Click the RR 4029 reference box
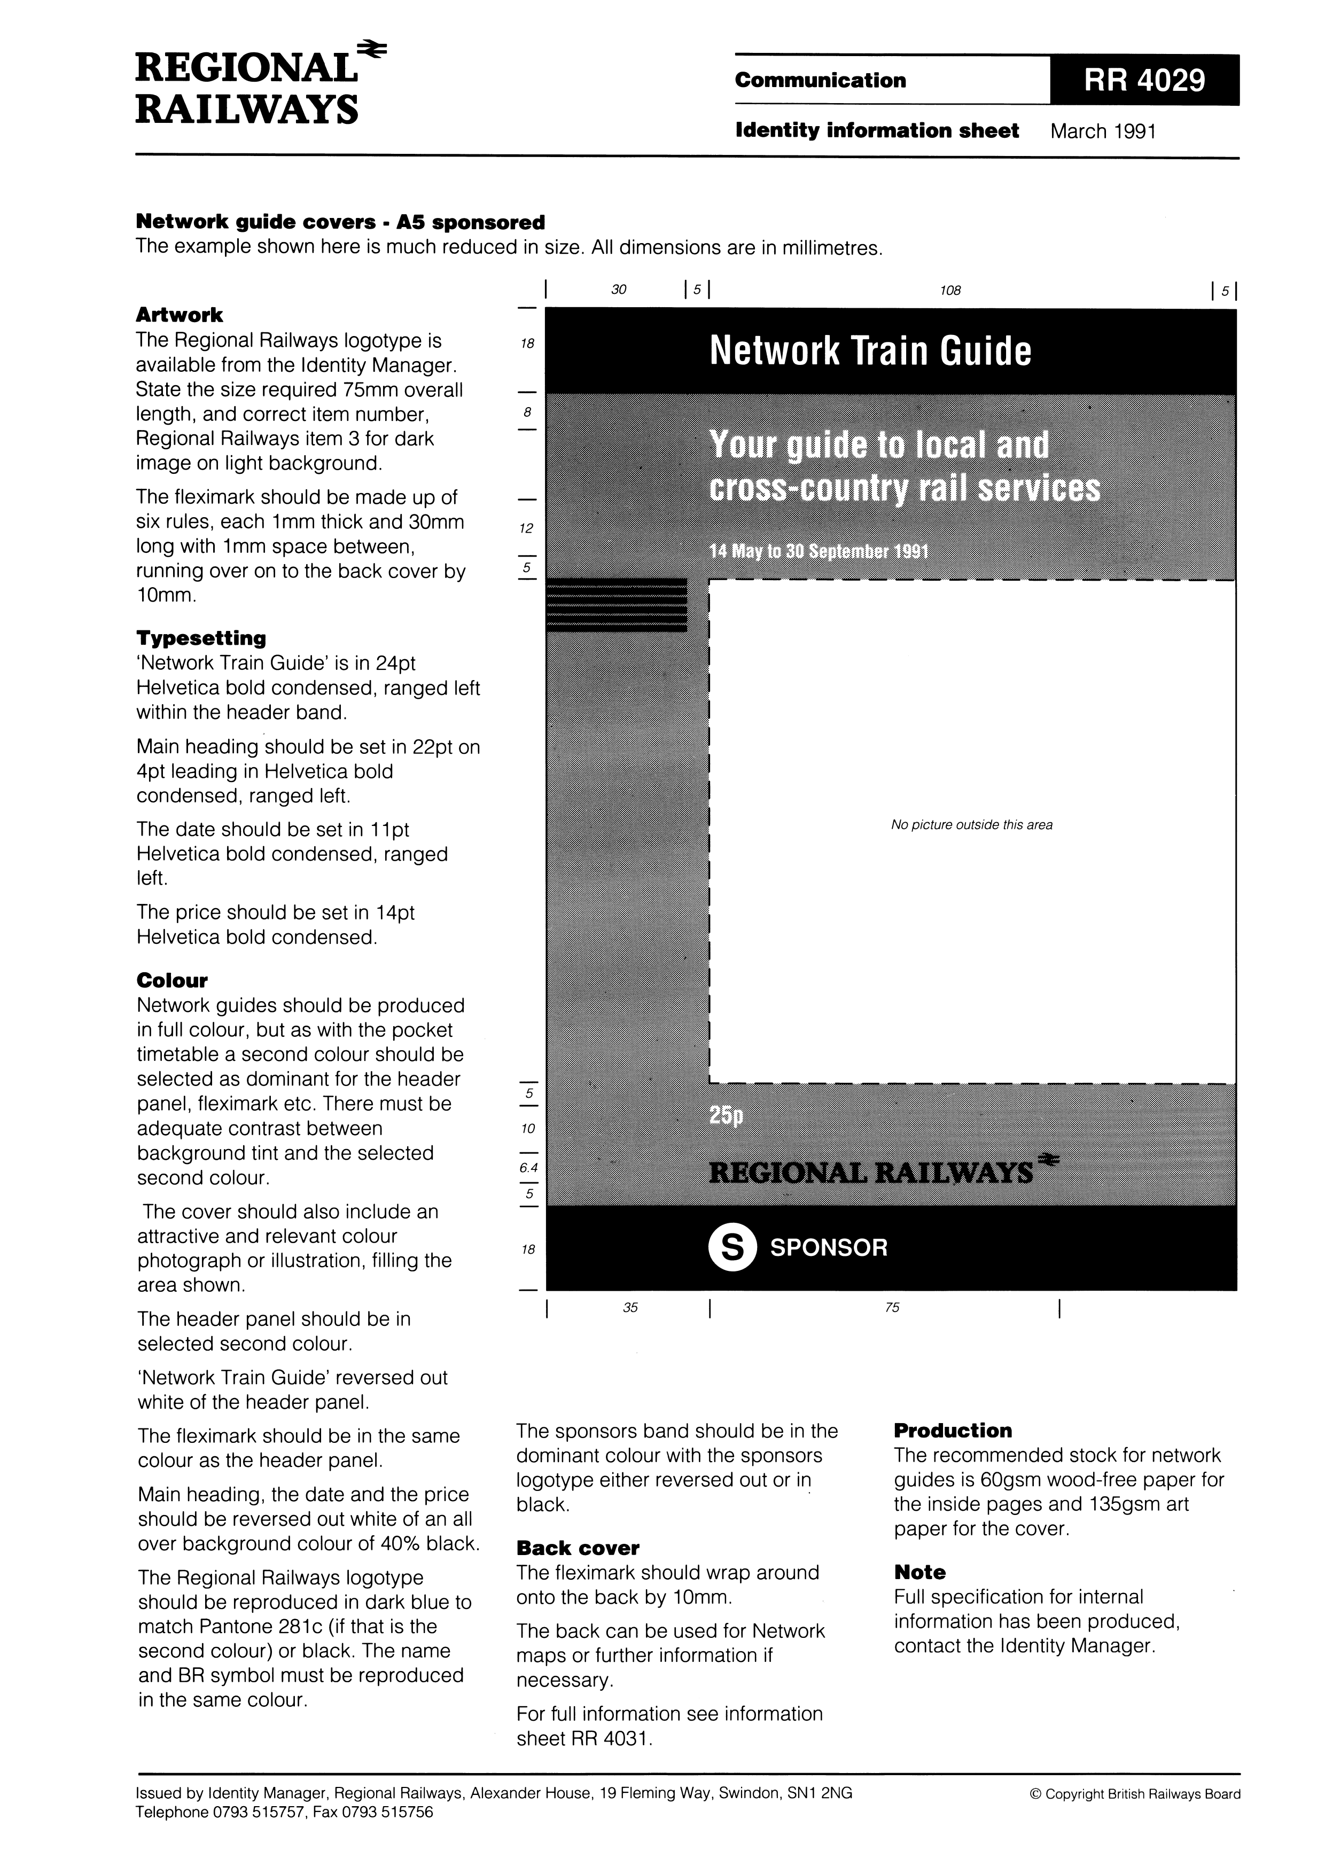click(x=1144, y=80)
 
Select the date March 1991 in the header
click(x=1103, y=131)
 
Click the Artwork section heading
click(x=179, y=315)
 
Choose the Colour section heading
click(x=172, y=980)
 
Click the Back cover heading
click(x=577, y=1548)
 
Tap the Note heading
click(x=919, y=1572)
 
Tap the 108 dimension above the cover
click(x=950, y=290)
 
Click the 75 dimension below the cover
click(x=892, y=1308)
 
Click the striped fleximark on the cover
click(x=617, y=605)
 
